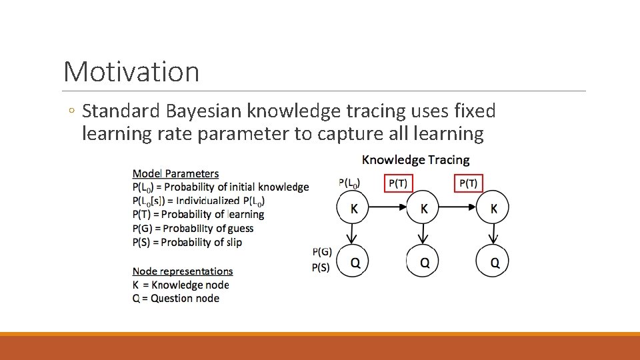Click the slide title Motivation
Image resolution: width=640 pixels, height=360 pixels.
[131, 71]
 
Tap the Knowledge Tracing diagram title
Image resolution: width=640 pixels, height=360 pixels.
[415, 160]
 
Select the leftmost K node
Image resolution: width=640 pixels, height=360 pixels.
[354, 209]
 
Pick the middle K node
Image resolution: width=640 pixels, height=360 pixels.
[424, 209]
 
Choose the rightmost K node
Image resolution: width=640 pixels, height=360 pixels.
[493, 209]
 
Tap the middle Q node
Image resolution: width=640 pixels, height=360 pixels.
[424, 262]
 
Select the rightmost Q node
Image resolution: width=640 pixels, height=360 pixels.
[493, 262]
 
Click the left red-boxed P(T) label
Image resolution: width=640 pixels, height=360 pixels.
[399, 183]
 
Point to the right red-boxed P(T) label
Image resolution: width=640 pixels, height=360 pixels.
[469, 183]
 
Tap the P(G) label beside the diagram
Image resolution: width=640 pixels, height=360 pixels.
[322, 251]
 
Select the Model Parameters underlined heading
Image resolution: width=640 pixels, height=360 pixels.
[175, 174]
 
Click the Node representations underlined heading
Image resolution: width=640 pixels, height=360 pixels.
[183, 271]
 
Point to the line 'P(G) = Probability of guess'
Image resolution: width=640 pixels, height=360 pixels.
[193, 229]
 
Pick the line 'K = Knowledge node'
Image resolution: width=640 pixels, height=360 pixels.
[181, 285]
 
